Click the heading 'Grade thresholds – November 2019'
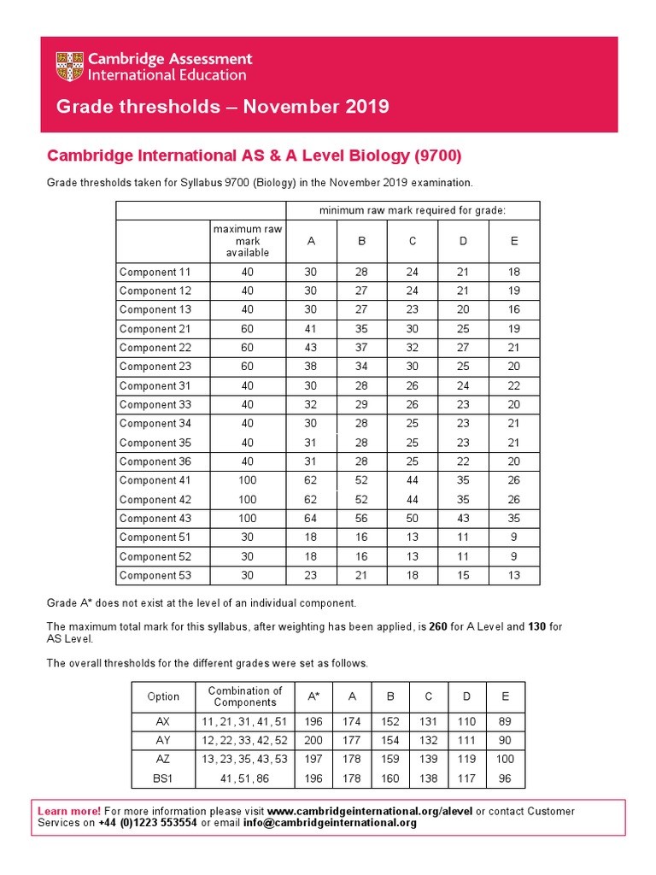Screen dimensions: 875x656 [222, 107]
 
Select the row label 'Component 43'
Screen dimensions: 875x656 [155, 519]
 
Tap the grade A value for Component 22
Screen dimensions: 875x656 [311, 348]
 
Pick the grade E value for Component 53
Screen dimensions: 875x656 [513, 575]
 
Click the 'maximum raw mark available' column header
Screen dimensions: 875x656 [248, 241]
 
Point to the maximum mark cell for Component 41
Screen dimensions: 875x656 [248, 480]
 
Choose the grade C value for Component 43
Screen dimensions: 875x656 [412, 519]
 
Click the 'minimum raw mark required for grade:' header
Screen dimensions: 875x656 [413, 210]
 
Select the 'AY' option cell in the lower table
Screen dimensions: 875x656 [163, 739]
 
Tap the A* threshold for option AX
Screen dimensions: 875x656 [314, 720]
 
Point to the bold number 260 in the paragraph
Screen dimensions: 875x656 [438, 627]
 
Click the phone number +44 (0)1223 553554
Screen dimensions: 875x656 [147, 823]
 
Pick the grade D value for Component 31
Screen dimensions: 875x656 [463, 385]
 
